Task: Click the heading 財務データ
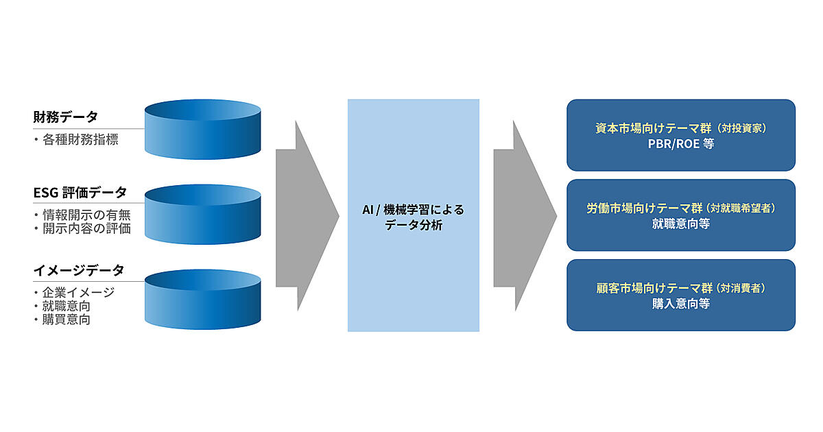click(65, 117)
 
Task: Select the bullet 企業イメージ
click(77, 292)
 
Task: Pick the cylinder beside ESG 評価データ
click(203, 213)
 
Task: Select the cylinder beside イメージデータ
click(203, 298)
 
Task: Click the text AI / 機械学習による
click(414, 210)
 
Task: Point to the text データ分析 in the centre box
click(414, 225)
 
